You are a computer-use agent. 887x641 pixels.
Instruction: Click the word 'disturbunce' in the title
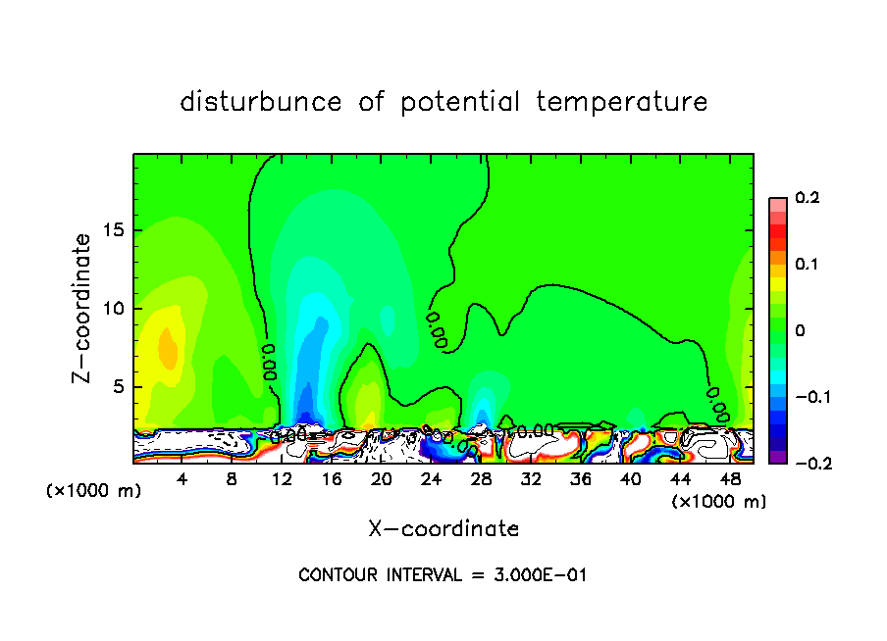[x=261, y=102]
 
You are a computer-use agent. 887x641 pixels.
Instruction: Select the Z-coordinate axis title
[x=82, y=307]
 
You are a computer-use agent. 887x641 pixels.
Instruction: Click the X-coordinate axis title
[x=443, y=529]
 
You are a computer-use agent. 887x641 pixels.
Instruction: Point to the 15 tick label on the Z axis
[x=116, y=231]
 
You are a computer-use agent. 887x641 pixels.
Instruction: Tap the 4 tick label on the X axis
[x=183, y=479]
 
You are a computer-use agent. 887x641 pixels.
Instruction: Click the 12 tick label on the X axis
[x=282, y=479]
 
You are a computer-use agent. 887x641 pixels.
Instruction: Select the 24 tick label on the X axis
[x=431, y=479]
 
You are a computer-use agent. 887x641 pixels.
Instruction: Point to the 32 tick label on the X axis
[x=531, y=479]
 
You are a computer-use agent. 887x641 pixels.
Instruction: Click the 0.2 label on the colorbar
[x=807, y=198]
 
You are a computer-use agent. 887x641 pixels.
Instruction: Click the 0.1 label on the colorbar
[x=807, y=265]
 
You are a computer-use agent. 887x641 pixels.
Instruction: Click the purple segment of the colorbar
[x=777, y=457]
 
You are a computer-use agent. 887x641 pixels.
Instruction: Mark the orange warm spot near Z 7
[x=169, y=350]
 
